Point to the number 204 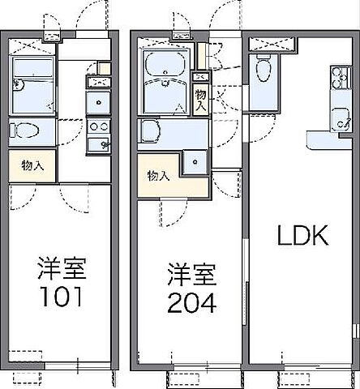tap(192, 304)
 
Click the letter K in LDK tap(317, 236)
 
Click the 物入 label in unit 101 tap(33, 165)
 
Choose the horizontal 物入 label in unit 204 tap(158, 176)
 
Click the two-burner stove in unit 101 tap(101, 126)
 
